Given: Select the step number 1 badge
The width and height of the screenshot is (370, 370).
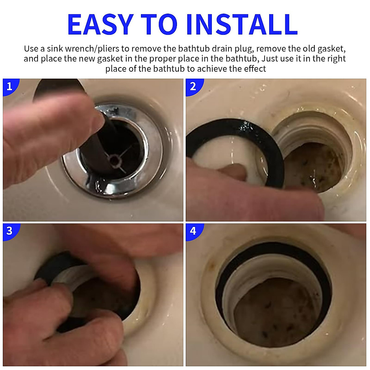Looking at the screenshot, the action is [x=10, y=86].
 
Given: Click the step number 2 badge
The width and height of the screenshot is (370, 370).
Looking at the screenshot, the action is [x=193, y=86].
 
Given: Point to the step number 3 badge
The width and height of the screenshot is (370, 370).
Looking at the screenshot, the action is [x=10, y=231].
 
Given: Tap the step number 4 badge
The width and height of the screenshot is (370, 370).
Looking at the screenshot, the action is [x=193, y=231].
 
